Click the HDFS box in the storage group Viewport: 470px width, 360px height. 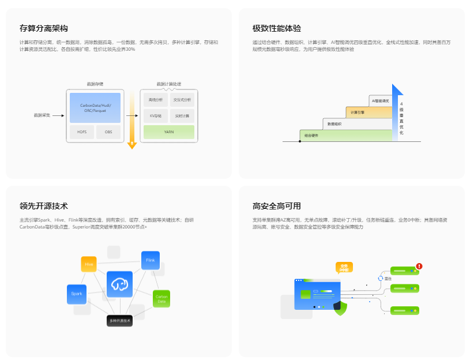point(81,132)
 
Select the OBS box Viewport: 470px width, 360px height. point(108,132)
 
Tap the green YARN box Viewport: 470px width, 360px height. point(169,132)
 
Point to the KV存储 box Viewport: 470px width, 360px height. point(155,116)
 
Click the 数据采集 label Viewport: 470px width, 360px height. point(42,115)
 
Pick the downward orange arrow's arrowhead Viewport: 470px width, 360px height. point(132,145)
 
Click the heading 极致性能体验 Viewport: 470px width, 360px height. point(277,28)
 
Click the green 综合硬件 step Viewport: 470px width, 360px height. point(345,135)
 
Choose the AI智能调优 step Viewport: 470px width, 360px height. point(381,101)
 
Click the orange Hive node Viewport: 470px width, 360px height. point(89,264)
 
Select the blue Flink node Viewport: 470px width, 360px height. point(151,260)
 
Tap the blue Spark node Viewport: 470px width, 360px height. point(77,294)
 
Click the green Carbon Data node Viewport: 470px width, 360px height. point(161,298)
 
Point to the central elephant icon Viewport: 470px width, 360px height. point(119,284)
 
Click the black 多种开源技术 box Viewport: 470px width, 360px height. point(120,320)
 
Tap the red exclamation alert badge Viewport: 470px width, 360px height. point(419,267)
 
